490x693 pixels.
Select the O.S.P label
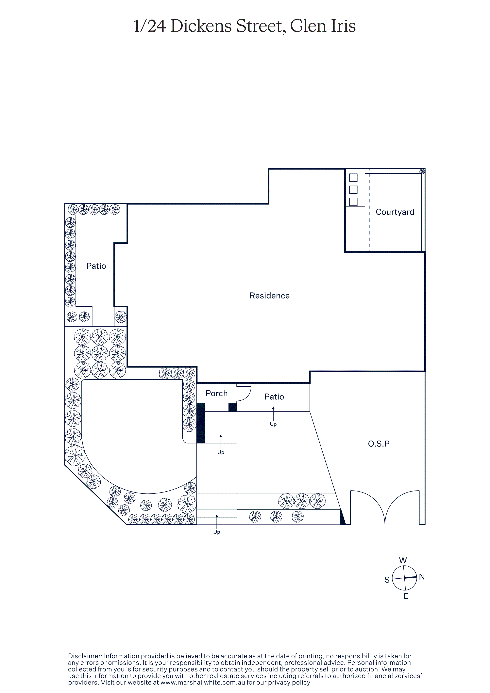tap(379, 444)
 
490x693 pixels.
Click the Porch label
tap(216, 393)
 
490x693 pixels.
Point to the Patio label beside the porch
tap(274, 397)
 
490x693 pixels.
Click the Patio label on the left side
tap(96, 266)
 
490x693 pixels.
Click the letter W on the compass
tap(403, 560)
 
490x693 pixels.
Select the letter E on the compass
tap(406, 596)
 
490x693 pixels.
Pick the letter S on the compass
tap(387, 580)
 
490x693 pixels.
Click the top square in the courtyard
tap(353, 177)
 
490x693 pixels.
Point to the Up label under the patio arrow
tap(273, 424)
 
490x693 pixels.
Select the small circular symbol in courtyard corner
tap(422, 172)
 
